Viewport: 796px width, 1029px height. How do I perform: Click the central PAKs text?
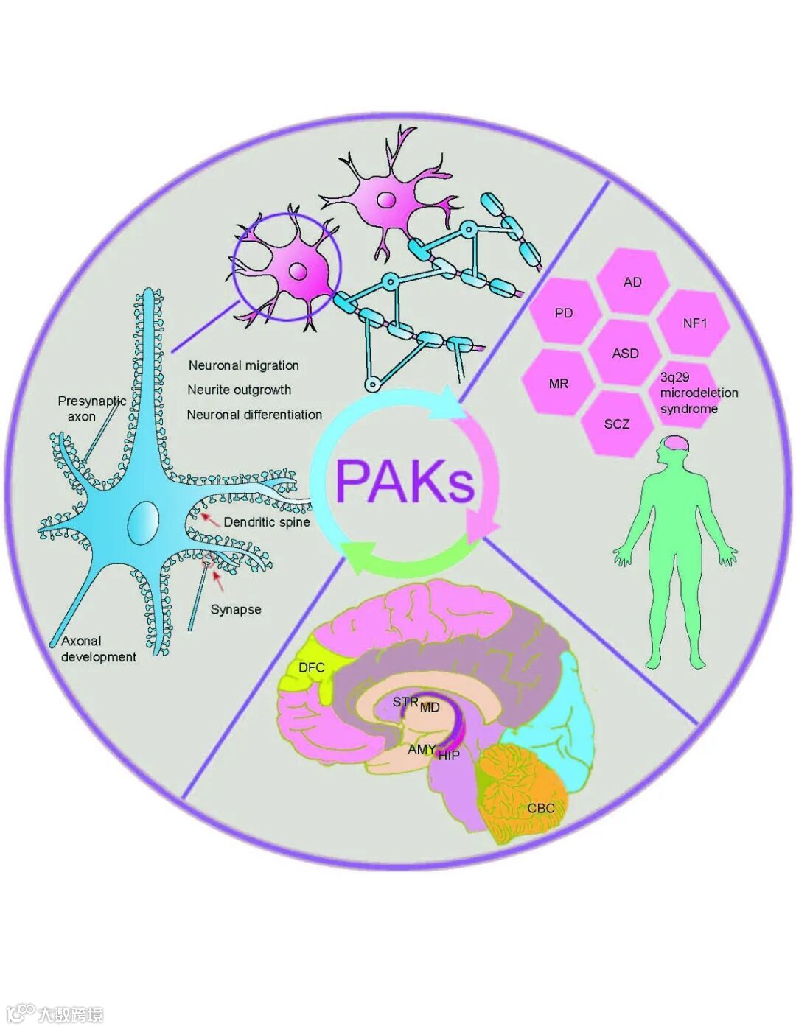405,480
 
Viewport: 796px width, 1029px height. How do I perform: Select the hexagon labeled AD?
632,282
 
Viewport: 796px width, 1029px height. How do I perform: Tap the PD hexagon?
564,313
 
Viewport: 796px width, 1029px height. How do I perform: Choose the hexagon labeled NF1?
694,323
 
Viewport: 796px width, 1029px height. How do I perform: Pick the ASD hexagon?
625,354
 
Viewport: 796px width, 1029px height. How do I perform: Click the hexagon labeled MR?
559,384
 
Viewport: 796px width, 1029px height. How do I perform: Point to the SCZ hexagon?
617,424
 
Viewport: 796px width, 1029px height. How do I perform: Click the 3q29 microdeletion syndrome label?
697,393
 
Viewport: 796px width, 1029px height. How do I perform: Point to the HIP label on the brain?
449,755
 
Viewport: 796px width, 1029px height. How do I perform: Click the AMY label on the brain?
422,749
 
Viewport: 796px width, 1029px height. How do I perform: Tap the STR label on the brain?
405,702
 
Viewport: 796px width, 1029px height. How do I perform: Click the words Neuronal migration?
244,365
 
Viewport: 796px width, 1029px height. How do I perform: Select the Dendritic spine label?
266,522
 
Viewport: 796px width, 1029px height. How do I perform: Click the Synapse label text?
236,610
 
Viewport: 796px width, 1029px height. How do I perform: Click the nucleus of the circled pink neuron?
298,271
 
